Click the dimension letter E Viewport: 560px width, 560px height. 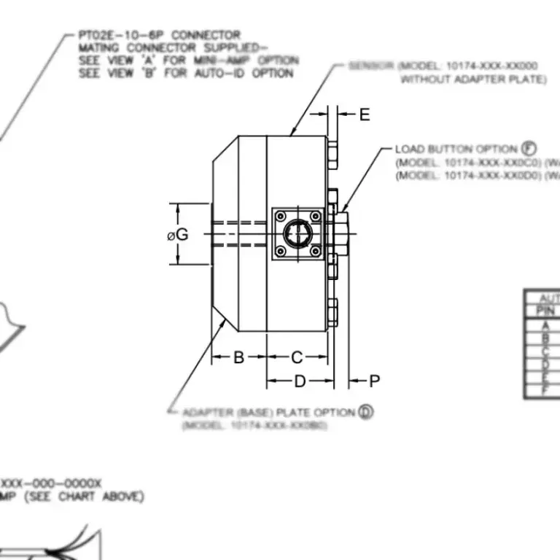coord(365,114)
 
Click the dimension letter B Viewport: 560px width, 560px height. coord(238,357)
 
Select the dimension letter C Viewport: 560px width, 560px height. coord(297,357)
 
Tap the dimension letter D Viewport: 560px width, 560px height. coord(299,381)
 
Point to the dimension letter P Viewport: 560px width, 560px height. coord(375,381)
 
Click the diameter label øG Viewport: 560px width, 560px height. coord(177,235)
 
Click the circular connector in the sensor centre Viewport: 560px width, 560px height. coord(297,233)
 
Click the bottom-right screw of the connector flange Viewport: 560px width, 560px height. coord(315,251)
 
